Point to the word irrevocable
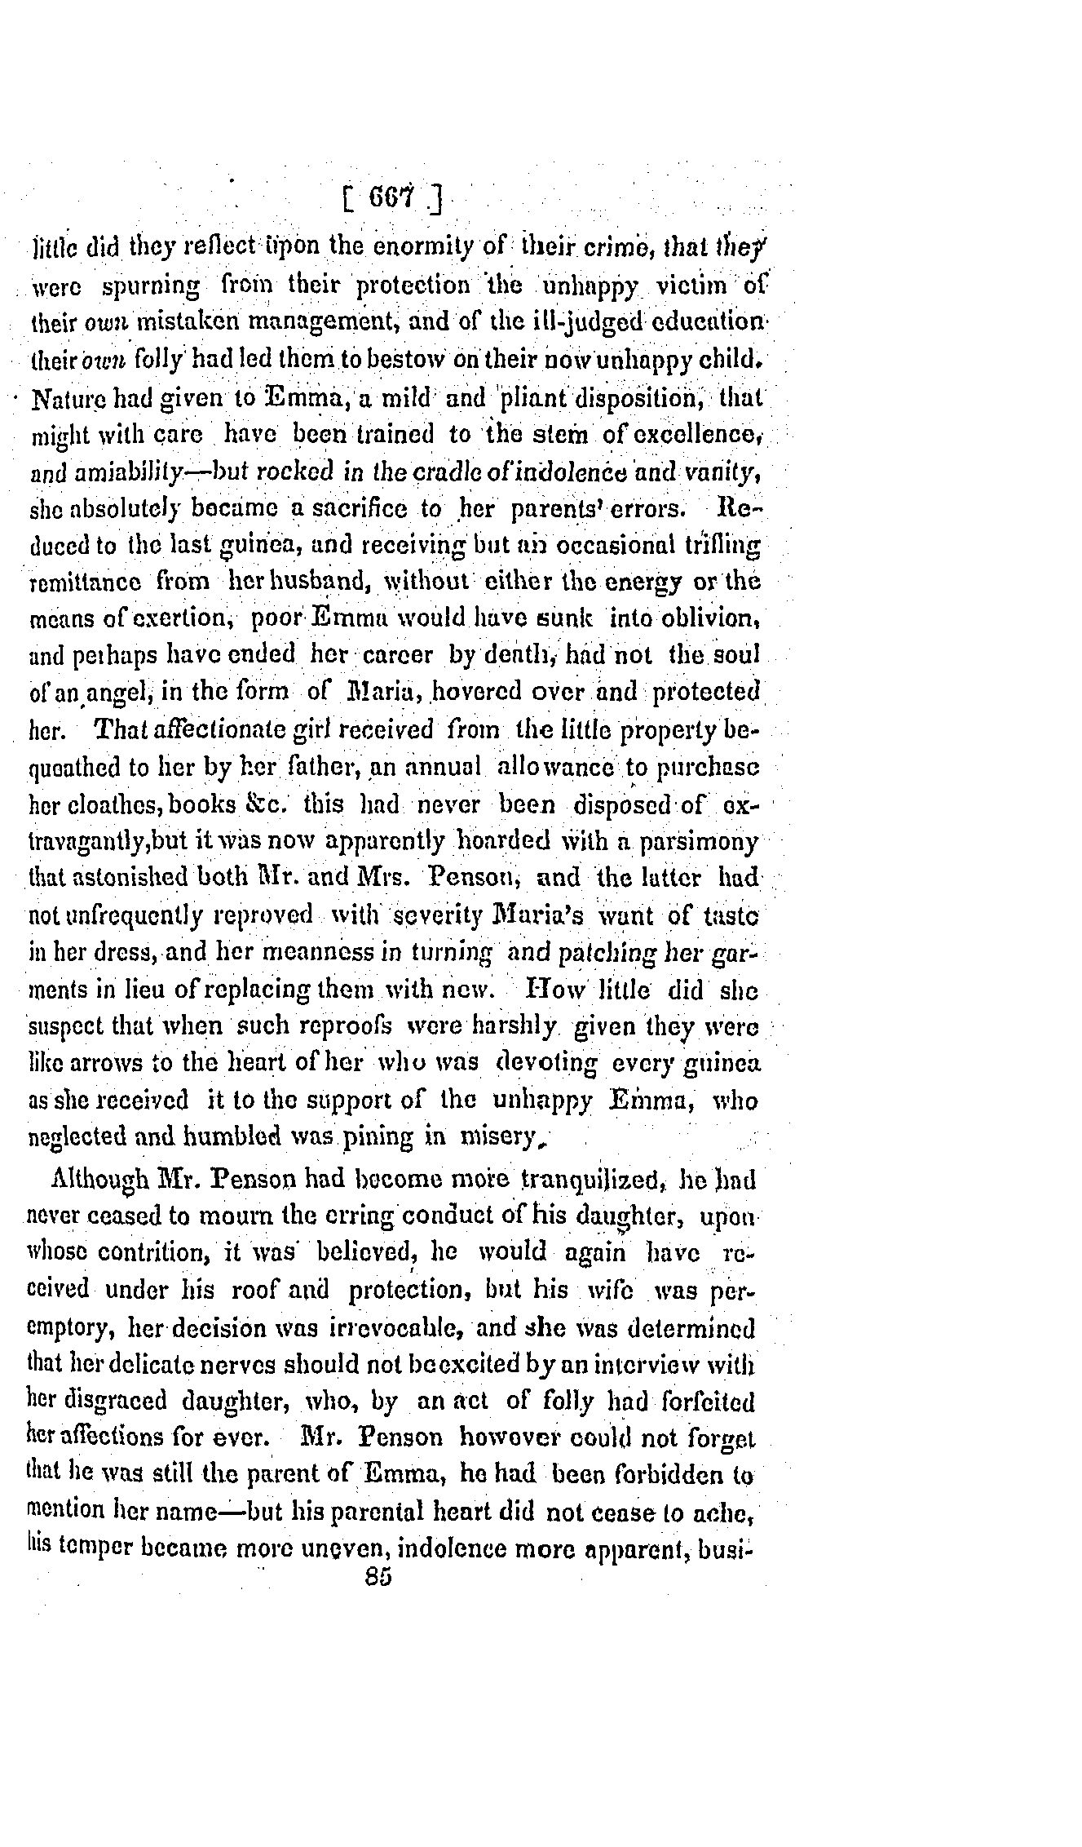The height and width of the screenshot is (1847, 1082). (x=397, y=1327)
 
